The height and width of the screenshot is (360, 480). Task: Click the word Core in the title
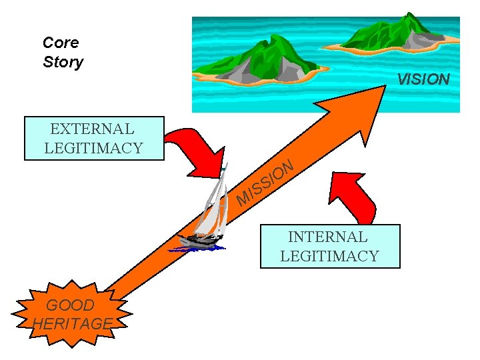(61, 43)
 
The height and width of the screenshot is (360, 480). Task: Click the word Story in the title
(63, 63)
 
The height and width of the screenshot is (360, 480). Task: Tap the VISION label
(423, 79)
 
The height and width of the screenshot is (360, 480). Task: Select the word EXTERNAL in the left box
(92, 129)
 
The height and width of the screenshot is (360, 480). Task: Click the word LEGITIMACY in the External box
(93, 148)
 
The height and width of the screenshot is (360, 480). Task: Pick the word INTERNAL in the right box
(327, 237)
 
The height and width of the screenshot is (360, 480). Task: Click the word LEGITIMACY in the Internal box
(329, 255)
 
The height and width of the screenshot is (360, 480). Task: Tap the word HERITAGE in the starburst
(72, 324)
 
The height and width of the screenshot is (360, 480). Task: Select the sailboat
(207, 213)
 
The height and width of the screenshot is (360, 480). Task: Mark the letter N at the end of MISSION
(287, 166)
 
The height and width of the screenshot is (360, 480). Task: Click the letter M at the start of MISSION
(244, 197)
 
